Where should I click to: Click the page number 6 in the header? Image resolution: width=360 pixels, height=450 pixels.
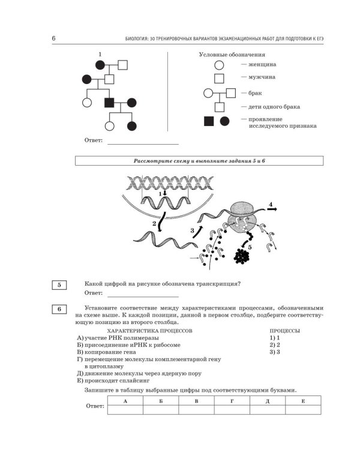tap(53, 38)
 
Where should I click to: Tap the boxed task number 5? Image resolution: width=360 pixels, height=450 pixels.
tap(59, 285)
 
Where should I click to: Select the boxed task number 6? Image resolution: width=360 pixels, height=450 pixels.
tap(59, 309)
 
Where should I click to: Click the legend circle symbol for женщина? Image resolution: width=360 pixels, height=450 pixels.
tap(219, 65)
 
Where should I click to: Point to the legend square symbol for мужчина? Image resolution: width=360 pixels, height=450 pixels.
tap(219, 79)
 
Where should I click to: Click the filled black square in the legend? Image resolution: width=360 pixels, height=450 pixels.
tap(209, 121)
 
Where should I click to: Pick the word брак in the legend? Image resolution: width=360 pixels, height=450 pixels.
tap(255, 93)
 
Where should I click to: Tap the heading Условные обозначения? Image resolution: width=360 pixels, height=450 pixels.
tap(232, 55)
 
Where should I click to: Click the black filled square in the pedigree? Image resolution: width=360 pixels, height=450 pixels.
tap(109, 103)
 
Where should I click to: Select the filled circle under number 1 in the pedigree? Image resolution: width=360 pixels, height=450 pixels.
tap(100, 65)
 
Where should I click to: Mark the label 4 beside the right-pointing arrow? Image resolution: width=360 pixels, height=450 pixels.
tap(271, 205)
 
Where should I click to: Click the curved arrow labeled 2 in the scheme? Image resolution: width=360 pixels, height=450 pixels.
tap(161, 221)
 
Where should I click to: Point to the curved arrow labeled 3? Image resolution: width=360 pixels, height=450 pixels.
tap(197, 232)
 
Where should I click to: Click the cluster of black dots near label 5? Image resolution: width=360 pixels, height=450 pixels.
tap(241, 256)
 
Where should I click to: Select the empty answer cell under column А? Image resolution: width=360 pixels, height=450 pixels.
tap(125, 410)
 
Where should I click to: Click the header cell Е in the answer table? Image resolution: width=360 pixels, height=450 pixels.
tap(303, 401)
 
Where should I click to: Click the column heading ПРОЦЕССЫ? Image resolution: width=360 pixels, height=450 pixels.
tap(285, 331)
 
